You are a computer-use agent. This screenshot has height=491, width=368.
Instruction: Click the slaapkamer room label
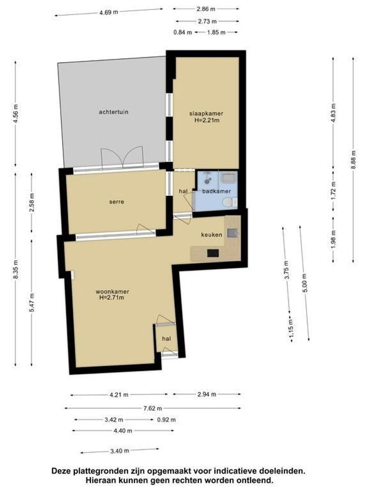click(206, 113)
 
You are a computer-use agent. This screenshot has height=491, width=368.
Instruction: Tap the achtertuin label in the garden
click(114, 112)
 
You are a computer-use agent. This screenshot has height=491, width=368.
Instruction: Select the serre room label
click(116, 202)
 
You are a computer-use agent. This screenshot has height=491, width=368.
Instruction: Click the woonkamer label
click(112, 292)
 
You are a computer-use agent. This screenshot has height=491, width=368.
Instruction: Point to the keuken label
click(212, 235)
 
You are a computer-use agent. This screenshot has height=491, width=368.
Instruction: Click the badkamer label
click(217, 191)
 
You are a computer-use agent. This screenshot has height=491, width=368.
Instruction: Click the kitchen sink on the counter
click(232, 233)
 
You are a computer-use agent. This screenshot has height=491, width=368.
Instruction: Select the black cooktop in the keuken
click(213, 253)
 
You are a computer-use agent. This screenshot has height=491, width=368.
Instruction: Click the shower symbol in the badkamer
click(207, 178)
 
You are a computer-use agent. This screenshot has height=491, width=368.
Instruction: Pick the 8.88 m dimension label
click(354, 159)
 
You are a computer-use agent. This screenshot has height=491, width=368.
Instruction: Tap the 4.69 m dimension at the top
click(109, 12)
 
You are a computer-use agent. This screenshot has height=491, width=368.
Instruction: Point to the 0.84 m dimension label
click(183, 32)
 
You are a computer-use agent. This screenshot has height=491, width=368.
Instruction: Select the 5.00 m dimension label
click(304, 283)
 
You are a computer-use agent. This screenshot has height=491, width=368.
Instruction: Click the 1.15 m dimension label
click(291, 327)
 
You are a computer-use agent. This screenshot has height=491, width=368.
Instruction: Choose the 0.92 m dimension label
click(166, 420)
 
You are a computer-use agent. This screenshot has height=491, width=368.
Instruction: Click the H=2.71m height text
click(112, 297)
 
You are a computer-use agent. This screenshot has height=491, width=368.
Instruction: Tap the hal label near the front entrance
click(166, 339)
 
